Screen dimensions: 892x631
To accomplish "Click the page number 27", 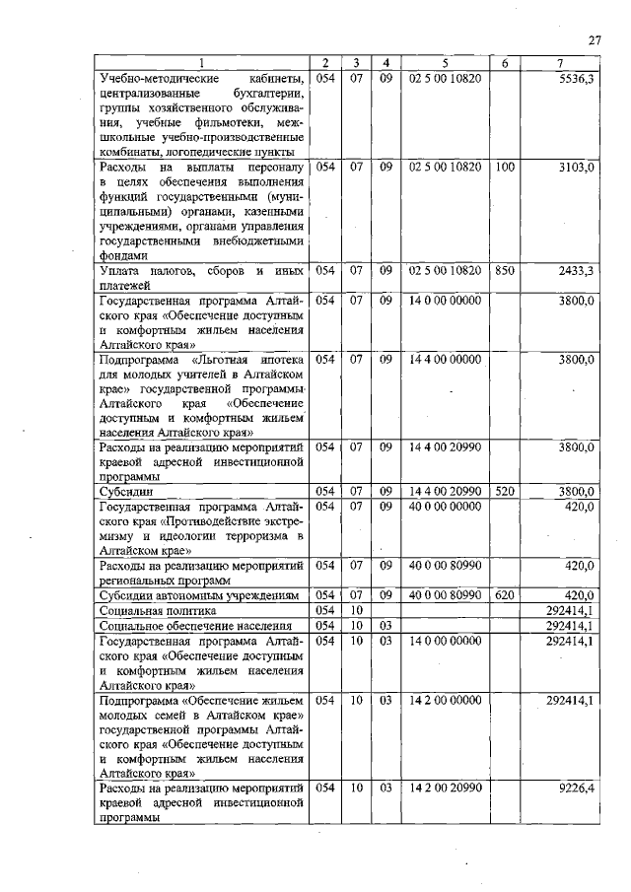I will (595, 40).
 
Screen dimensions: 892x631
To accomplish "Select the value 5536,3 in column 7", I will (576, 78).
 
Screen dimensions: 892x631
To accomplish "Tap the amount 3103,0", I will (576, 169).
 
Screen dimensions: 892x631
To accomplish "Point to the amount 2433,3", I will (576, 271).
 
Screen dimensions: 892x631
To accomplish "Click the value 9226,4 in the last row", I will (576, 789).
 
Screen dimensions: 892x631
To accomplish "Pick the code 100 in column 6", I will (505, 169).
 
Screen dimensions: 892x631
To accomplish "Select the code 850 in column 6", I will (505, 271).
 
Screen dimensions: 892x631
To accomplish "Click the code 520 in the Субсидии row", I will (505, 490).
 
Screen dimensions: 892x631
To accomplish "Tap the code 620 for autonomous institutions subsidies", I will (505, 595).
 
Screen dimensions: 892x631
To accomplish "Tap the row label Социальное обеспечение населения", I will (180, 626).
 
